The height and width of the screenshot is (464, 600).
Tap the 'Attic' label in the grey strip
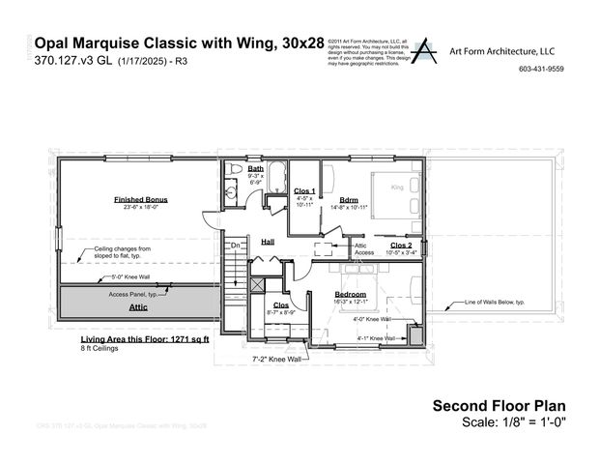[x=139, y=306]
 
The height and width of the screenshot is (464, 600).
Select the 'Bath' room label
[x=255, y=168]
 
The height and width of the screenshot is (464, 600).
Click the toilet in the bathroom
[x=234, y=170]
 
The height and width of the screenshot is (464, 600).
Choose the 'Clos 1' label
[x=305, y=191]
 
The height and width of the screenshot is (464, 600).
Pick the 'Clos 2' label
[x=401, y=246]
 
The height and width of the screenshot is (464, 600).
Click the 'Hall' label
[x=268, y=242]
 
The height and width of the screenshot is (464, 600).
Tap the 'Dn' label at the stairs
[x=234, y=246]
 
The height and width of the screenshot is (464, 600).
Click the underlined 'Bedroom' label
[x=350, y=293]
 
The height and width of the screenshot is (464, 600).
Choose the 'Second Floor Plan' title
[x=498, y=406]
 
